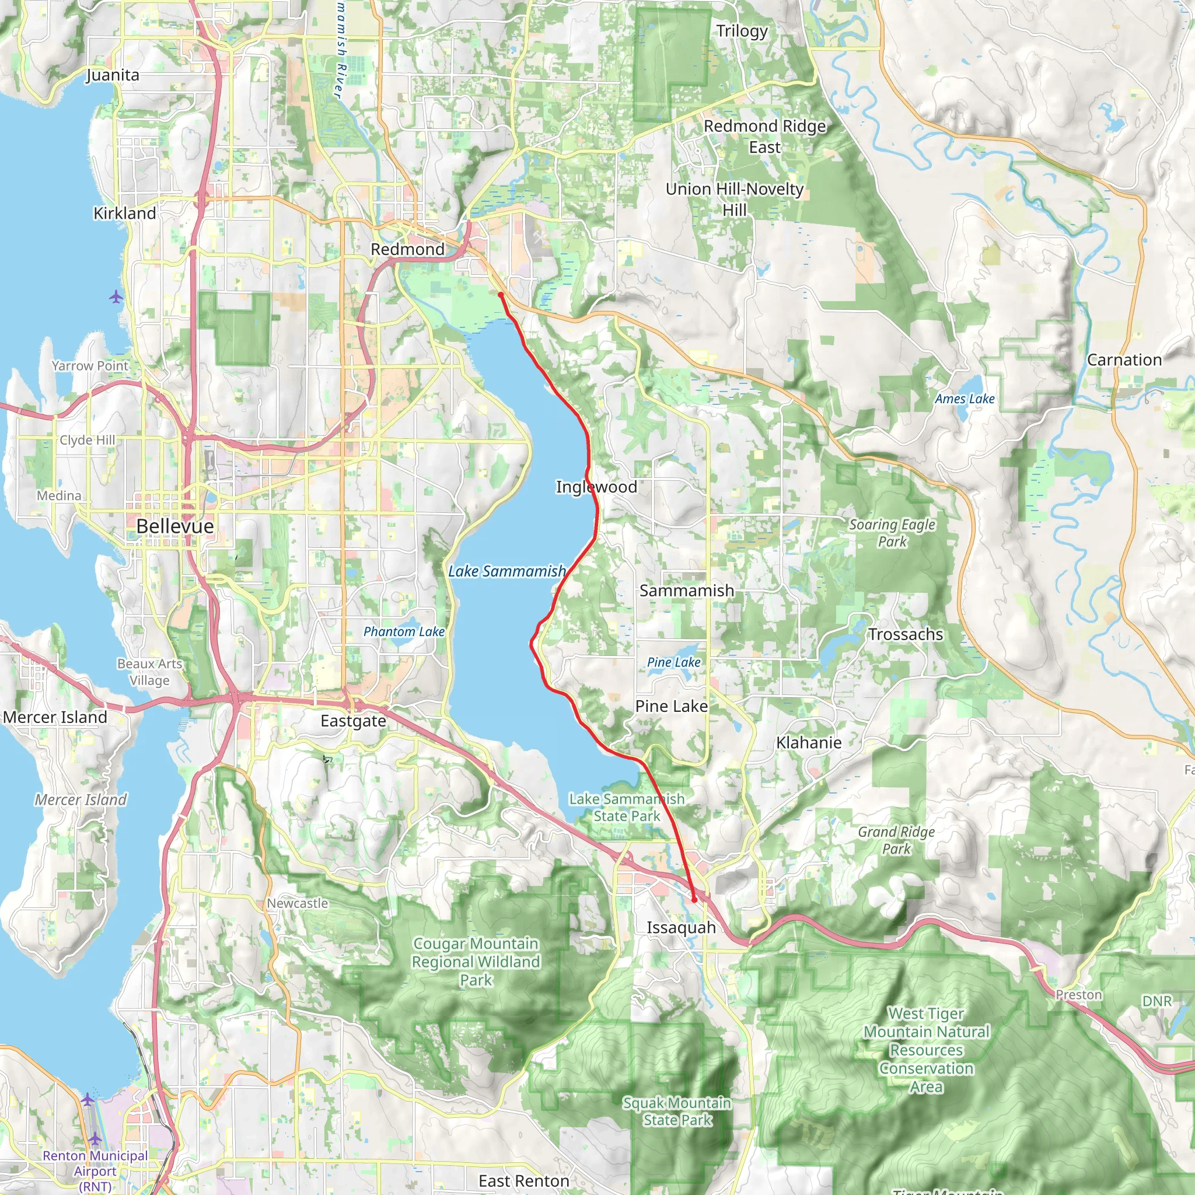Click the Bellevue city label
click(175, 526)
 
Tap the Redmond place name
click(408, 249)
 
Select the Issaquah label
click(681, 928)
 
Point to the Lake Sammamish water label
click(506, 571)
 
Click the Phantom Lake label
click(404, 631)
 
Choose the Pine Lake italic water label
click(673, 662)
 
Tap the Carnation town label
click(1124, 360)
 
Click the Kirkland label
click(124, 214)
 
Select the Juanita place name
click(113, 75)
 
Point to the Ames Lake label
click(965, 399)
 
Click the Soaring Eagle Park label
click(892, 533)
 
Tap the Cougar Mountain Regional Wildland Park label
click(476, 962)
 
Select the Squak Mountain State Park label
click(677, 1112)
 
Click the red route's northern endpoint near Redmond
click(501, 296)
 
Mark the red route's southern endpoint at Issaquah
click(694, 900)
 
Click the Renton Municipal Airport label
click(95, 1171)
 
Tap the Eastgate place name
click(353, 721)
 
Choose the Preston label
click(1079, 995)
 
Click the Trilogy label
click(742, 31)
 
